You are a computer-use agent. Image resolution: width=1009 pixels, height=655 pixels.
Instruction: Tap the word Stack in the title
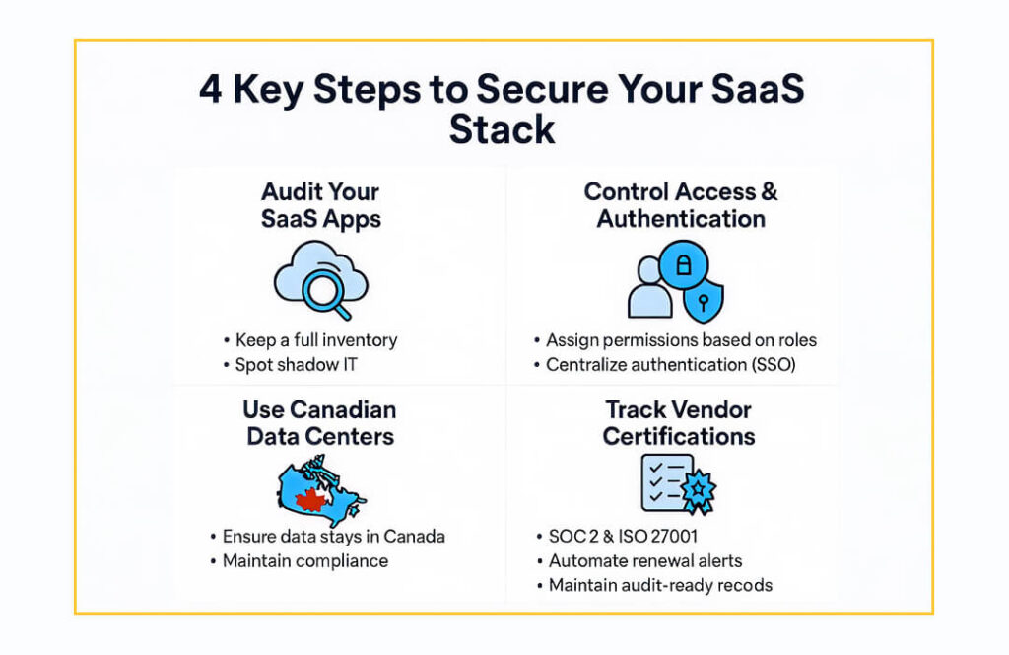(503, 129)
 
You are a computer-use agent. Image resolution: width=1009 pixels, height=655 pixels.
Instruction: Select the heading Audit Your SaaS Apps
(320, 205)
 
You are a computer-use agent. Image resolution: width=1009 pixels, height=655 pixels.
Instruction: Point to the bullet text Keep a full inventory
(316, 340)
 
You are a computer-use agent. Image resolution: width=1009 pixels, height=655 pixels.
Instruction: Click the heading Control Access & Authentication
(681, 205)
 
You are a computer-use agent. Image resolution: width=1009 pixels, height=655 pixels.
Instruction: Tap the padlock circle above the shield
(683, 265)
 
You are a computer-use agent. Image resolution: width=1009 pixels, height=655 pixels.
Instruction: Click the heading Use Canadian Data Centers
(320, 422)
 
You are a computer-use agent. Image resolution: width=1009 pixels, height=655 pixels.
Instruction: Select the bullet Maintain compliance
(305, 561)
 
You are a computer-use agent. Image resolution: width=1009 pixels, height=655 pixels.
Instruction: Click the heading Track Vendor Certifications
(679, 422)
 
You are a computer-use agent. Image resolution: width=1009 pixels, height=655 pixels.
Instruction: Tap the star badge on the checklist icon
(698, 488)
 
